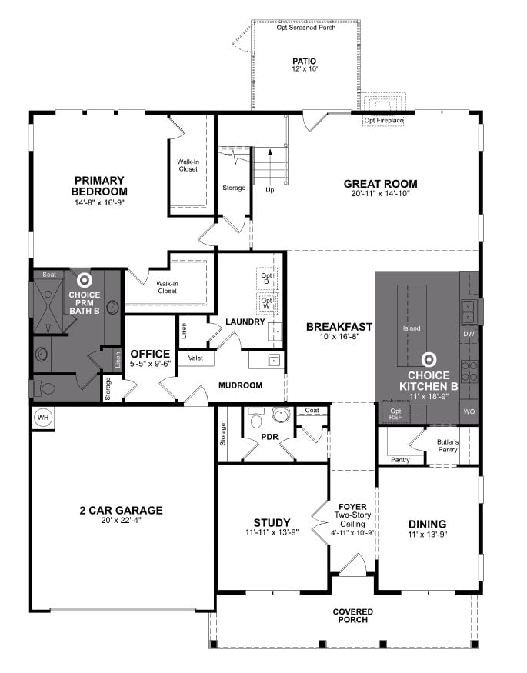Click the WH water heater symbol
click(x=42, y=417)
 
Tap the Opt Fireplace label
click(x=383, y=121)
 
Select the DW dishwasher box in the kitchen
click(x=469, y=333)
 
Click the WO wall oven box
click(x=469, y=411)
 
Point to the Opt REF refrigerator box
click(x=396, y=413)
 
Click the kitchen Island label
click(x=412, y=328)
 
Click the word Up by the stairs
click(x=269, y=189)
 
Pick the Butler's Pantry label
click(x=448, y=446)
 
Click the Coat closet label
click(x=312, y=411)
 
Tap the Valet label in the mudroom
click(x=195, y=358)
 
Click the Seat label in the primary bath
click(x=49, y=275)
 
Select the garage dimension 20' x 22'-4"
click(x=121, y=521)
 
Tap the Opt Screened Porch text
click(x=305, y=28)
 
